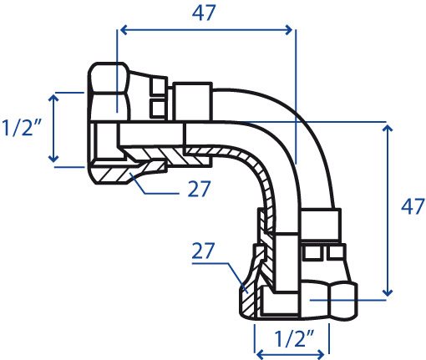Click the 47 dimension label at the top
pyautogui.click(x=204, y=13)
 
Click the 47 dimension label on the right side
pyautogui.click(x=413, y=206)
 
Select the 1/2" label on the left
pyautogui.click(x=22, y=128)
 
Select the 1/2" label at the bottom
pyautogui.click(x=294, y=338)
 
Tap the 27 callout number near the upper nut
pyautogui.click(x=200, y=189)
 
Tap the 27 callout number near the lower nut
pyautogui.click(x=203, y=251)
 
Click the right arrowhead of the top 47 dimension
pyautogui.click(x=289, y=30)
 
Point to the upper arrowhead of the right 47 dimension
pyautogui.click(x=388, y=128)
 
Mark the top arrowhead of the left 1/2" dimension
pyautogui.click(x=53, y=98)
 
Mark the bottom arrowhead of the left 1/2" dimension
pyautogui.click(x=53, y=159)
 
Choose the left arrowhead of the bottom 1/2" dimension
pyautogui.click(x=260, y=355)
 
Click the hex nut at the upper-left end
pyautogui.click(x=109, y=92)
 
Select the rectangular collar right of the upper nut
pyautogui.click(x=193, y=102)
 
